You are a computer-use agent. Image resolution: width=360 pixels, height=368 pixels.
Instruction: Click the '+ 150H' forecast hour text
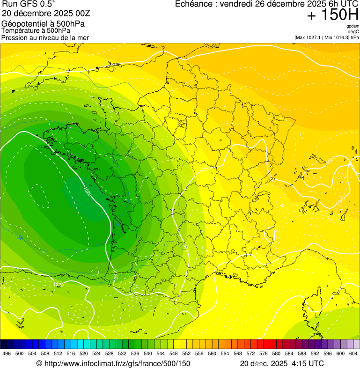332,15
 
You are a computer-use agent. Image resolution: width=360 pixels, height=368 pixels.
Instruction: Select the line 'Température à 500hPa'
36,30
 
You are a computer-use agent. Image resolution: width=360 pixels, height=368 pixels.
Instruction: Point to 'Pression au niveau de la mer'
45,37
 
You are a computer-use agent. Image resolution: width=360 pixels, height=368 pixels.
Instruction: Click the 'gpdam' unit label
353,26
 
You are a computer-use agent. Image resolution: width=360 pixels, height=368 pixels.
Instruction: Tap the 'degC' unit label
353,31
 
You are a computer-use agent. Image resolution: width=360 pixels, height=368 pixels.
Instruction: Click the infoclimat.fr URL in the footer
117,363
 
